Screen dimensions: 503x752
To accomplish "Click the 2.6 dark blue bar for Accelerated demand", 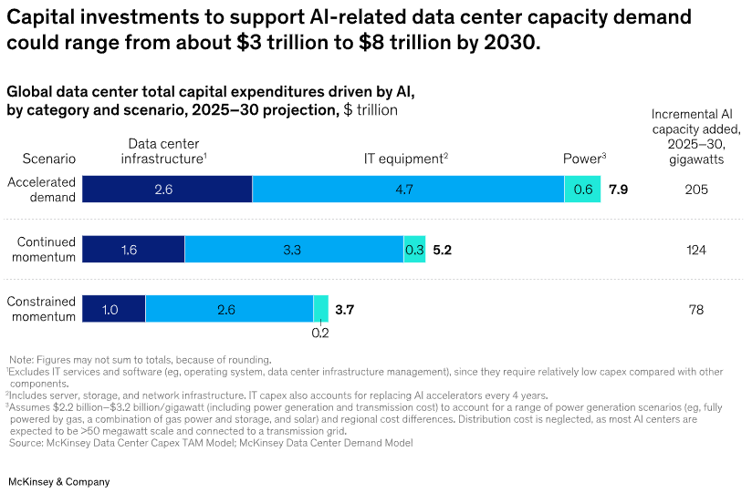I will (167, 190).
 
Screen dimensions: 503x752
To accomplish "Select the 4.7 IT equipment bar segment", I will (408, 190).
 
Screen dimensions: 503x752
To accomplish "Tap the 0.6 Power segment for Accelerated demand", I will (582, 190).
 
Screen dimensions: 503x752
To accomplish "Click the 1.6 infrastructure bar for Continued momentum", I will (133, 250).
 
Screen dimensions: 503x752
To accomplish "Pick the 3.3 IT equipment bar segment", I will (294, 250).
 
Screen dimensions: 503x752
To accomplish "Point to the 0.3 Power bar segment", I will (414, 250).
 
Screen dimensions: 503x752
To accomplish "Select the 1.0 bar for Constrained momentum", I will (113, 310).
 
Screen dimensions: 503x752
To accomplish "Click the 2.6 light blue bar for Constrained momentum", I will (229, 310).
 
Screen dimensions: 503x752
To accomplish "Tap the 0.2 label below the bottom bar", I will (320, 333).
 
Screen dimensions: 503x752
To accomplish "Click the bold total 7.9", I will (618, 190).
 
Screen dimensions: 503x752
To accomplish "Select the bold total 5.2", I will (443, 250).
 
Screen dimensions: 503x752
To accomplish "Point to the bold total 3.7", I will (344, 310).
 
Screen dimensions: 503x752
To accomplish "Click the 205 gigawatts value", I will (695, 190).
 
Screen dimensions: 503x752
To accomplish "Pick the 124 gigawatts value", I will (695, 250).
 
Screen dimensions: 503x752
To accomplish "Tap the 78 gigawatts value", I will (695, 310).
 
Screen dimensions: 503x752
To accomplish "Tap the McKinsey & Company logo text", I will (58, 481).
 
